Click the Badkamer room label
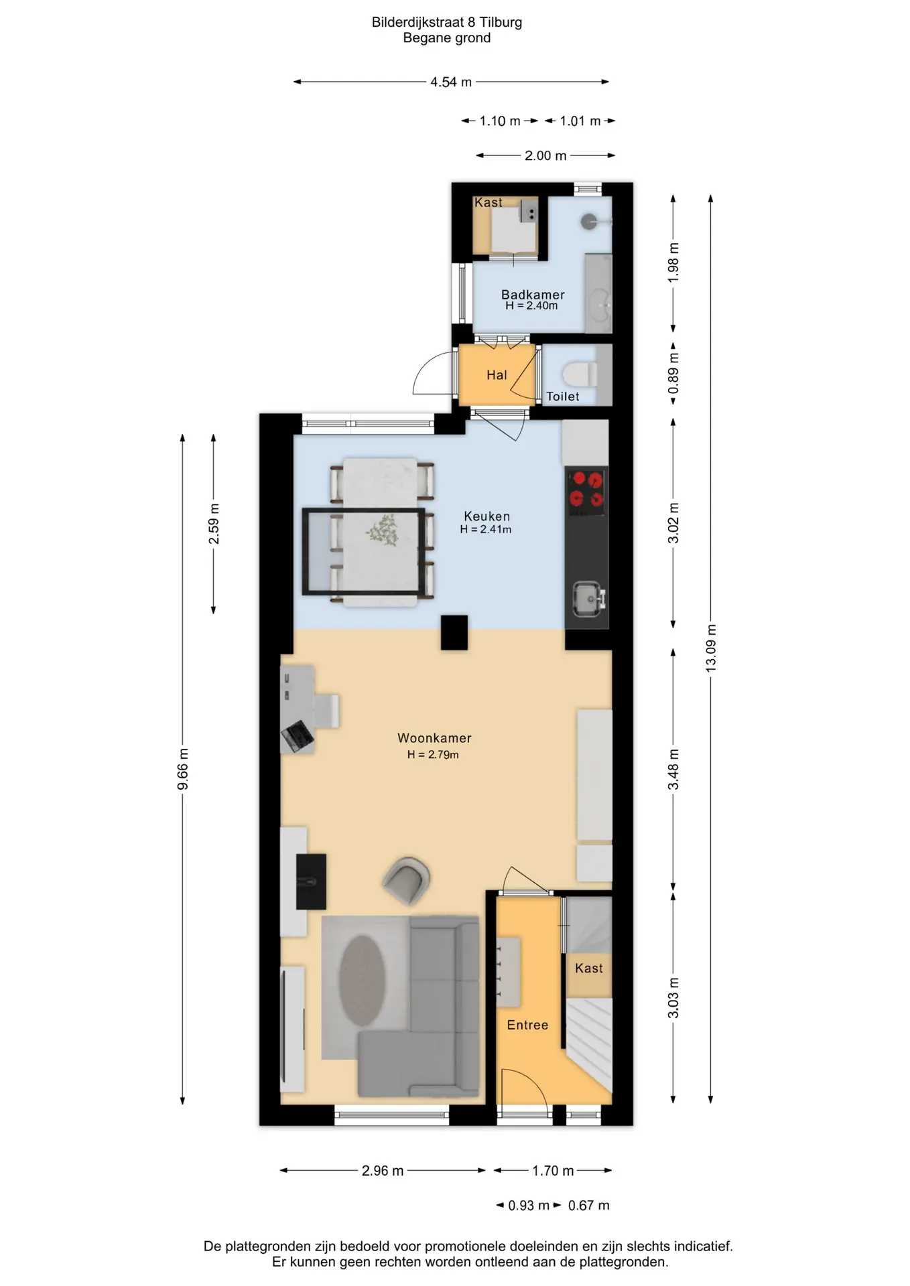tap(533, 295)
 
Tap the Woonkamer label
tap(434, 738)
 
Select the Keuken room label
tap(487, 516)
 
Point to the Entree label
tap(527, 1025)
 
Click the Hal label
tap(497, 375)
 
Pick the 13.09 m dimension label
tap(711, 648)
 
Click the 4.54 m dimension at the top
tap(451, 82)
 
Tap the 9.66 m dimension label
tap(183, 769)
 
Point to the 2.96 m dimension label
tap(383, 1171)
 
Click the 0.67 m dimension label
tap(589, 1206)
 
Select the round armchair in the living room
tap(406, 880)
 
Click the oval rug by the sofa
tap(362, 981)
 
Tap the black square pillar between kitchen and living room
tap(454, 632)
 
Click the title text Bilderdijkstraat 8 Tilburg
tap(447, 22)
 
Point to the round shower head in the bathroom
tap(589, 222)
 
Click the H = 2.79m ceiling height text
tap(433, 755)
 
